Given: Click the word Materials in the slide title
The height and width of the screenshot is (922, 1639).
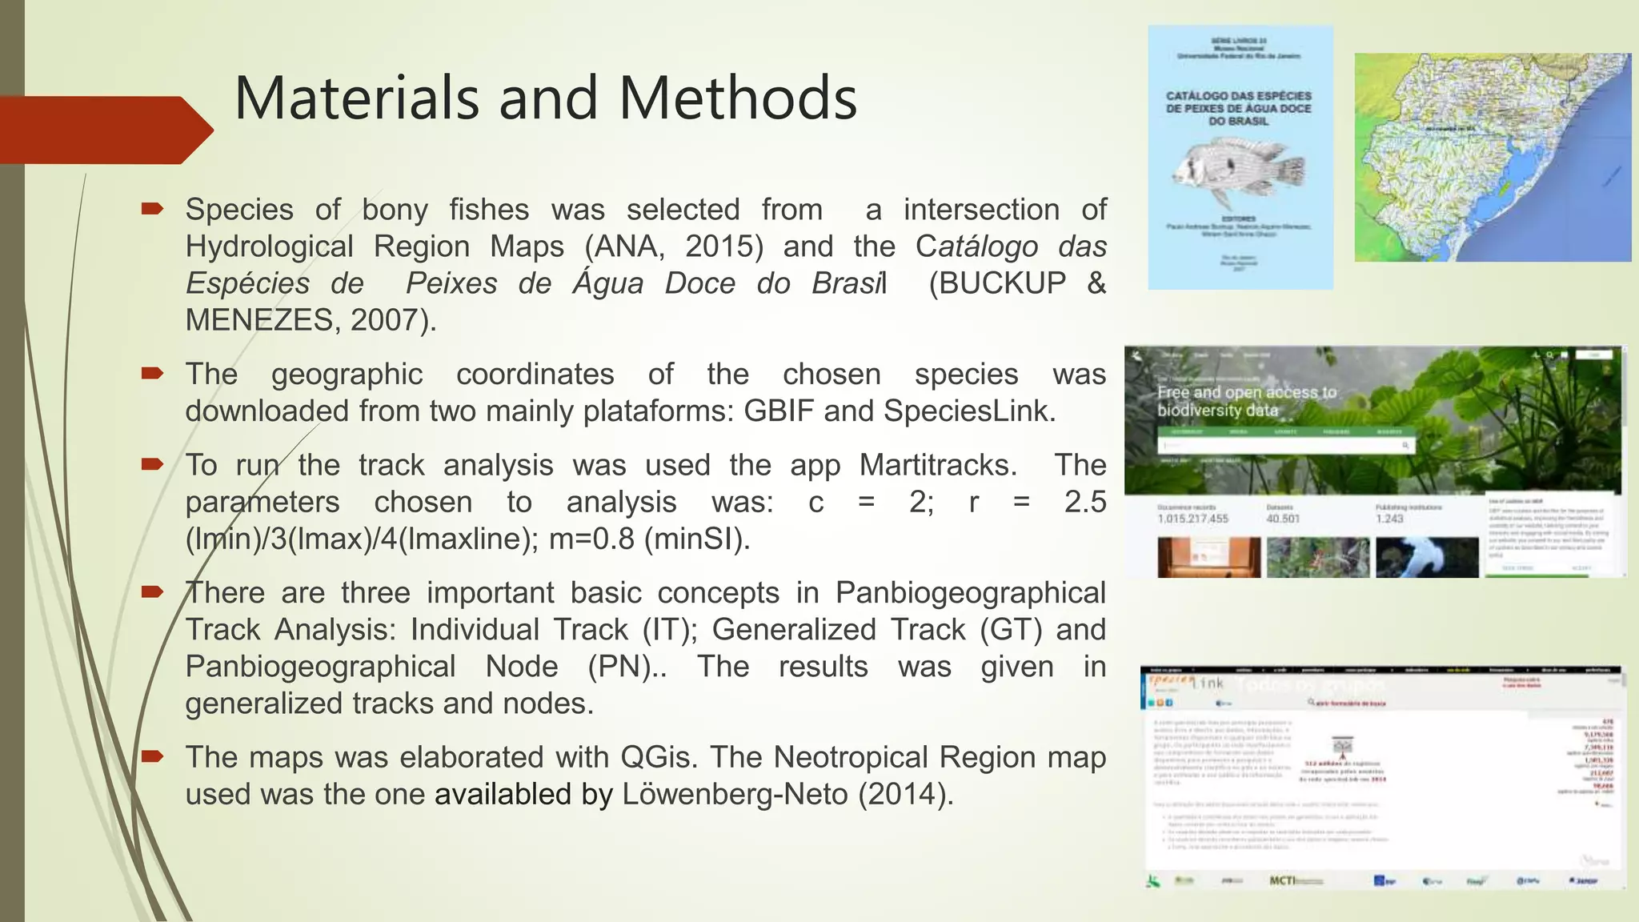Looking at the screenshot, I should click(355, 98).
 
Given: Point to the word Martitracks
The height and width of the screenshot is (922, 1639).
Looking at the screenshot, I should click(937, 465).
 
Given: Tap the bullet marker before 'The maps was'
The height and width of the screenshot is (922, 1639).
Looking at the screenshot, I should click(152, 756).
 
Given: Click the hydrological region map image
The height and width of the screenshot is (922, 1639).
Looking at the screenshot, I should click(1492, 158).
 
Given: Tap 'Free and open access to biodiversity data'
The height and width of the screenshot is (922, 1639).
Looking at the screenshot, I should click(1246, 401).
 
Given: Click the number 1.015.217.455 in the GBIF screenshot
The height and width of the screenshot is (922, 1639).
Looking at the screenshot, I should click(1192, 519).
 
